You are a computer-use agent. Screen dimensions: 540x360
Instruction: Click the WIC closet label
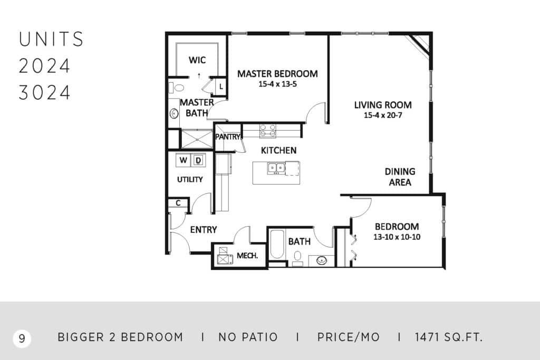[x=197, y=60]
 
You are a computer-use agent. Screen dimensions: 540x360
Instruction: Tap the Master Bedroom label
[x=277, y=74]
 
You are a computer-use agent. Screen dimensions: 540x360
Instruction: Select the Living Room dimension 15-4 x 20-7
[x=383, y=115]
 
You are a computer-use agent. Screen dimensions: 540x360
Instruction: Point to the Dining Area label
[x=400, y=177]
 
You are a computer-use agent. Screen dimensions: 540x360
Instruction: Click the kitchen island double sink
[x=276, y=168]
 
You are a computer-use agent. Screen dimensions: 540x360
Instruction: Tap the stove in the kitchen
[x=267, y=131]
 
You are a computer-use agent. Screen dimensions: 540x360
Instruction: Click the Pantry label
[x=228, y=137]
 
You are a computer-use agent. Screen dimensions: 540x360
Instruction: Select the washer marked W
[x=183, y=160]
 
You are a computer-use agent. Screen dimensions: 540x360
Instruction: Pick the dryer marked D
[x=198, y=160]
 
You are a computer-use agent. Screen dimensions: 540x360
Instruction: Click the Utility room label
[x=190, y=179]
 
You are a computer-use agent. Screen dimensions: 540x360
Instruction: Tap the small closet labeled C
[x=178, y=203]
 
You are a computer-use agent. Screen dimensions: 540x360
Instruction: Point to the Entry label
[x=204, y=230]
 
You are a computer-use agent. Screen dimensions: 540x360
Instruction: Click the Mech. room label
[x=247, y=256]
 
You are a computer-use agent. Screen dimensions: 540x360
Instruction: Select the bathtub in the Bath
[x=277, y=245]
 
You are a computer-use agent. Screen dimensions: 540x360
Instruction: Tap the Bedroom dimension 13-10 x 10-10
[x=397, y=237]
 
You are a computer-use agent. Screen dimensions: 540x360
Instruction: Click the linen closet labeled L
[x=221, y=87]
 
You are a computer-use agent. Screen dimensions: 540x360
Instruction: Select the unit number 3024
[x=44, y=93]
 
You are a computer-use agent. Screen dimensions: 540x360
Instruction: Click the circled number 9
[x=22, y=338]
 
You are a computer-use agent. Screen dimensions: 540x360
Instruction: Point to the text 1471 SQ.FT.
[x=449, y=337]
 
